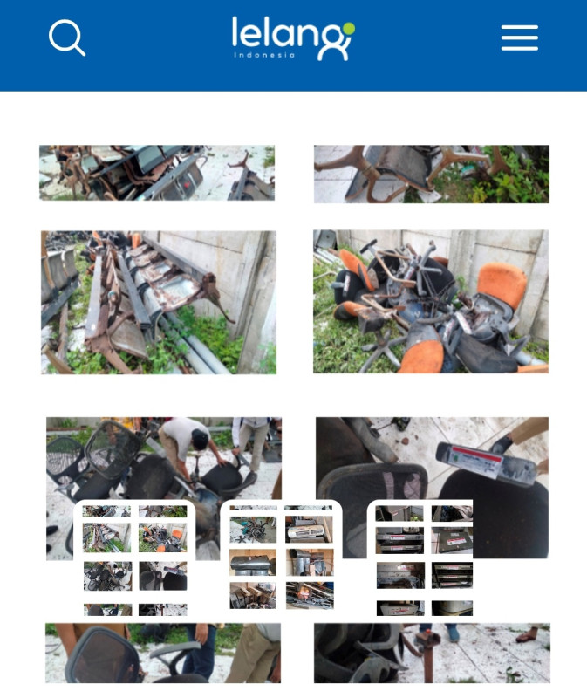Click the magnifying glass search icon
(x=67, y=38)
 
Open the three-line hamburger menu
(x=519, y=38)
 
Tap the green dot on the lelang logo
(x=349, y=29)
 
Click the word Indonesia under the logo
(x=264, y=55)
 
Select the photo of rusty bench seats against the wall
(x=159, y=302)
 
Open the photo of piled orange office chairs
(x=431, y=301)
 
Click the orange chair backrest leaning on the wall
(x=503, y=284)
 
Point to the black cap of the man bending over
(x=200, y=440)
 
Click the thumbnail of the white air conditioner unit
(x=309, y=529)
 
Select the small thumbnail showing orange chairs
(x=162, y=537)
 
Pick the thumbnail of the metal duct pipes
(x=310, y=562)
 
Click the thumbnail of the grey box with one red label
(x=452, y=540)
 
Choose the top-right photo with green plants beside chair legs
(x=432, y=174)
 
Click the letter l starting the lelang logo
(x=235, y=31)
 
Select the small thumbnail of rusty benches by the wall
(x=107, y=537)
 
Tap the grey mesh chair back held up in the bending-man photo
(x=113, y=448)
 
